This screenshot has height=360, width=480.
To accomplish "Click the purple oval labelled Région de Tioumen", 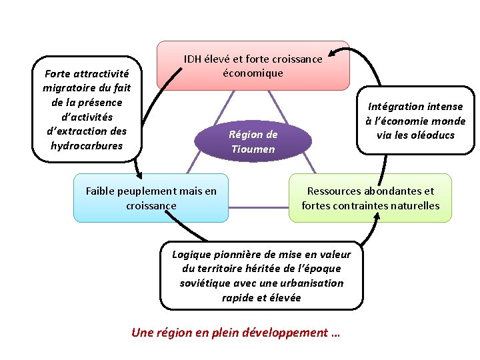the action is click(253, 141).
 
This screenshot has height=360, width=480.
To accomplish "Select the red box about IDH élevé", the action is click(253, 65).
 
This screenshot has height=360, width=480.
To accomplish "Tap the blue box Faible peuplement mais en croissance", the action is click(151, 198).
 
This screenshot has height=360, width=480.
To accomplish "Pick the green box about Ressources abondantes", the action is click(370, 198).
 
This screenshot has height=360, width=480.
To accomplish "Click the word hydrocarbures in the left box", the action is click(87, 145).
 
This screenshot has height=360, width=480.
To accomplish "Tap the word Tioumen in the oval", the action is click(253, 149).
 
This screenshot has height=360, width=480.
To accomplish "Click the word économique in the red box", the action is click(253, 73).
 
